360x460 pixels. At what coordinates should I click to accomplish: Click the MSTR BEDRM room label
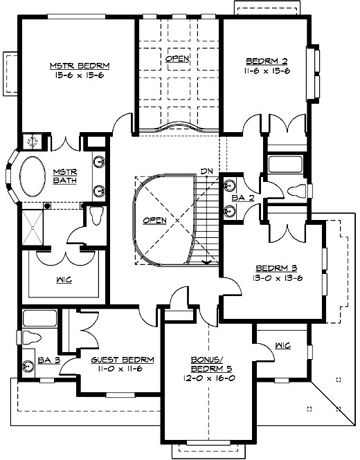[x=80, y=66]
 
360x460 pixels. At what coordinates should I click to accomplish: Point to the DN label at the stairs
[x=206, y=172]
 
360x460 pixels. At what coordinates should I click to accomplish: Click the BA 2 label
[x=239, y=198]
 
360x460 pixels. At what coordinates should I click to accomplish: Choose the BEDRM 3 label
[x=278, y=268]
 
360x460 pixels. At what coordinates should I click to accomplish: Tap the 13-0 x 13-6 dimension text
[x=278, y=278]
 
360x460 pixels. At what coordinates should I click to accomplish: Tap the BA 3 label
[x=48, y=360]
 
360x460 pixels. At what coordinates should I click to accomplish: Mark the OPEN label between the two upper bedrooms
[x=177, y=59]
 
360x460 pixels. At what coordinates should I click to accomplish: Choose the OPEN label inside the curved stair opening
[x=154, y=220]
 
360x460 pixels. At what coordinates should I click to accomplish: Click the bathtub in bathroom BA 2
[x=282, y=165]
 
